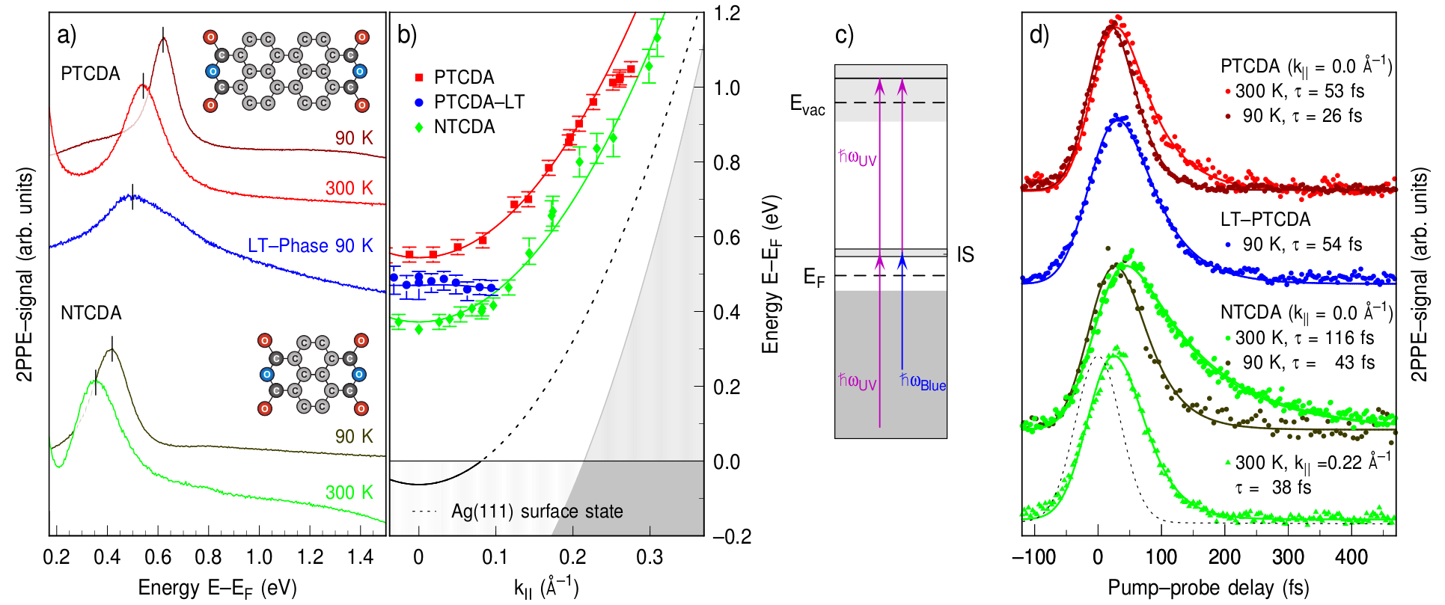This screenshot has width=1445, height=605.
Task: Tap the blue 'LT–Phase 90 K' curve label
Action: point(310,246)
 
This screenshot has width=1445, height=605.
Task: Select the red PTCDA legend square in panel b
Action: point(419,78)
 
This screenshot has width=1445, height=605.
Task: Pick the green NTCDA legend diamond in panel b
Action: point(419,127)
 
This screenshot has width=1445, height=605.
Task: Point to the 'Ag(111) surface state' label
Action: point(537,512)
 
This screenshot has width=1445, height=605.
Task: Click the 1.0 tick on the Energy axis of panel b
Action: point(726,88)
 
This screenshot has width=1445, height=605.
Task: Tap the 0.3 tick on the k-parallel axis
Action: point(650,557)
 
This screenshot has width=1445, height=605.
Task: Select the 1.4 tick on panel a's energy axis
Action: point(361,557)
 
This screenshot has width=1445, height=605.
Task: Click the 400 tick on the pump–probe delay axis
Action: point(1351,557)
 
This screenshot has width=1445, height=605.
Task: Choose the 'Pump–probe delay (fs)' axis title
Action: point(1208,589)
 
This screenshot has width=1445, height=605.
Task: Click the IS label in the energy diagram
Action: point(965,255)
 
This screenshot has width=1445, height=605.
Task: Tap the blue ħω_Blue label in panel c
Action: point(923,382)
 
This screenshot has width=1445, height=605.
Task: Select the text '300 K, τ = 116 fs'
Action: point(1304,338)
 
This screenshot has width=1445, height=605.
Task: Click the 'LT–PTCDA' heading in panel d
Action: point(1265,220)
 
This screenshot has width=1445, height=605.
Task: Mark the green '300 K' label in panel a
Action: point(349,493)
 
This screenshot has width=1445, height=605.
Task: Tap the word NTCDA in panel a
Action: point(91,313)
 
